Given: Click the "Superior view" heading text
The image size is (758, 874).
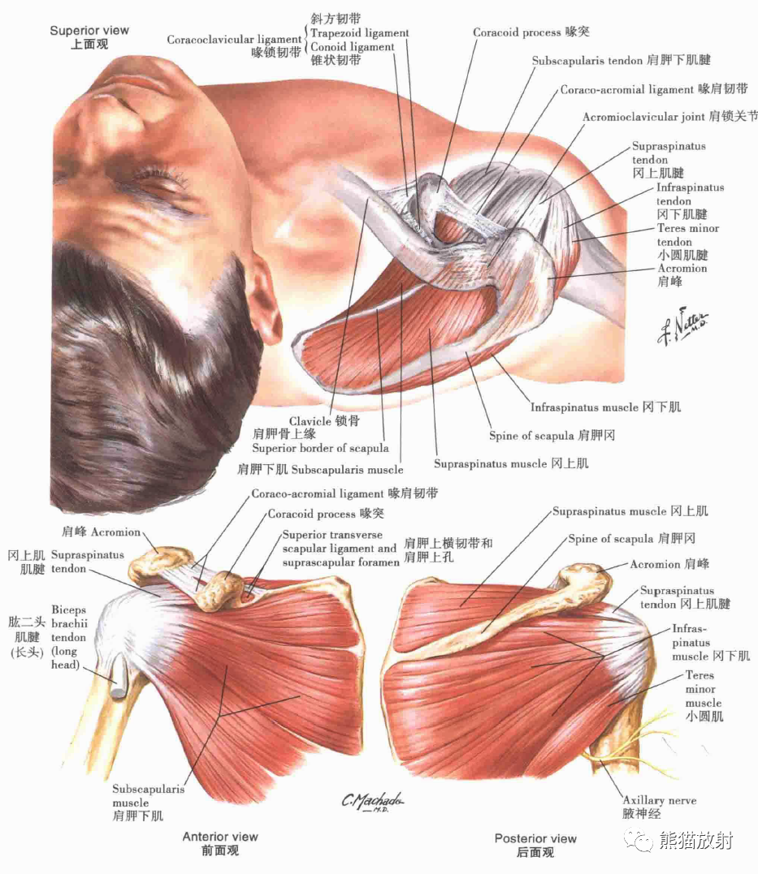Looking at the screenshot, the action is pos(89,31).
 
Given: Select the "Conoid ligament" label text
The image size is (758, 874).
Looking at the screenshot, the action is pos(352,47).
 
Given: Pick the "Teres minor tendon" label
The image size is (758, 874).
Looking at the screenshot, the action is pos(687,235).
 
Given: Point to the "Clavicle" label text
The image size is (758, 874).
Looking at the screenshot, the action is pos(310,421).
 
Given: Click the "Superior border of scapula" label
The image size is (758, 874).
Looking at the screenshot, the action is pos(320,448).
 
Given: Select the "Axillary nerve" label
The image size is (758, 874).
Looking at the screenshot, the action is pos(659,800).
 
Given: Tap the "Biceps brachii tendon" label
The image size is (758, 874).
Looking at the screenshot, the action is pos(68,637).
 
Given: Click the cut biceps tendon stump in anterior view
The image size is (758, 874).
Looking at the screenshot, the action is pos(119,681).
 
